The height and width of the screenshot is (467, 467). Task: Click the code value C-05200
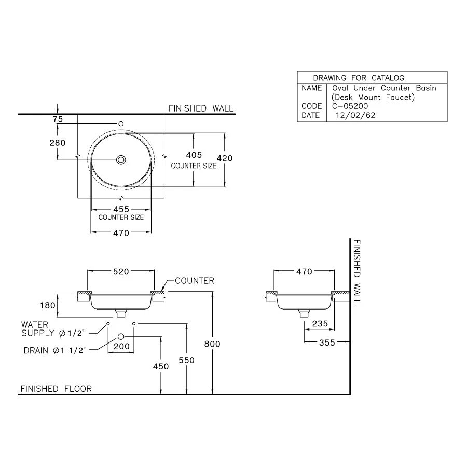tap(350, 106)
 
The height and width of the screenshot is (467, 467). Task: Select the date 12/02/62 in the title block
tap(355, 116)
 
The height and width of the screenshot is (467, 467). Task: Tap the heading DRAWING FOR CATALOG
tap(359, 78)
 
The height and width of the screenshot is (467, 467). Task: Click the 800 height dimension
tap(212, 344)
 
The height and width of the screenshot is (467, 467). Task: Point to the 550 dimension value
tap(187, 359)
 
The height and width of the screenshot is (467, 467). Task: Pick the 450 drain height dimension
tap(161, 366)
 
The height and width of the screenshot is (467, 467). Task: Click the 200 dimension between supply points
tap(121, 346)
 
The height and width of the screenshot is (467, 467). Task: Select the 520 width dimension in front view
tap(121, 271)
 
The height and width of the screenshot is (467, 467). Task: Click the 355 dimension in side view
tap(327, 342)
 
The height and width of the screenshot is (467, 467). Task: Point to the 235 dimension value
tap(320, 323)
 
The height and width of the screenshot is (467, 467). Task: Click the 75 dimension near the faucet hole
tap(57, 119)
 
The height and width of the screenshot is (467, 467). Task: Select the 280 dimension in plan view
tap(57, 143)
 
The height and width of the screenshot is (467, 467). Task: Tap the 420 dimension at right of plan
tap(225, 159)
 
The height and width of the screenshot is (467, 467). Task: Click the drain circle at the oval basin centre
tap(121, 160)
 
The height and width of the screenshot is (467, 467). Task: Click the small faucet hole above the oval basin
tap(121, 123)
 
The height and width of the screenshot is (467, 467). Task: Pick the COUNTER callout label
tap(194, 281)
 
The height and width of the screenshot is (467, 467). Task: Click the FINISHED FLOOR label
tap(56, 389)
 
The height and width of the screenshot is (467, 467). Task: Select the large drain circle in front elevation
tap(121, 336)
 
